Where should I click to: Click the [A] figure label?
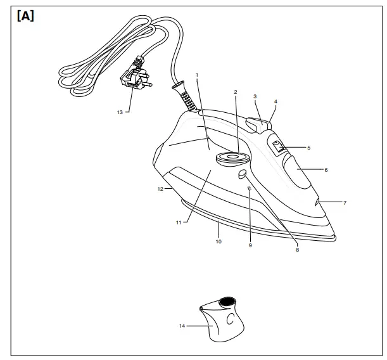pyautogui.click(x=25, y=16)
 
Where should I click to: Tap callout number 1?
pyautogui.click(x=197, y=75)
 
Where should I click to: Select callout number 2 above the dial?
pyautogui.click(x=236, y=92)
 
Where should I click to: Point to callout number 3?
pyautogui.click(x=255, y=97)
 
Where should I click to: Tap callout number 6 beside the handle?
pyautogui.click(x=326, y=170)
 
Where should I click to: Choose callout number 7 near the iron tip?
pyautogui.click(x=345, y=203)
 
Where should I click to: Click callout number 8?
pyautogui.click(x=297, y=250)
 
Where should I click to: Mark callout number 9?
pyautogui.click(x=250, y=245)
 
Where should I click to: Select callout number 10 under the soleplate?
pyautogui.click(x=219, y=241)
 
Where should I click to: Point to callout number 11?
pyautogui.click(x=179, y=222)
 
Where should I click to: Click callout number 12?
pyautogui.click(x=160, y=189)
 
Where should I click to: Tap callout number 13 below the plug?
pyautogui.click(x=120, y=112)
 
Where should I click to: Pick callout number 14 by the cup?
pyautogui.click(x=182, y=326)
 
